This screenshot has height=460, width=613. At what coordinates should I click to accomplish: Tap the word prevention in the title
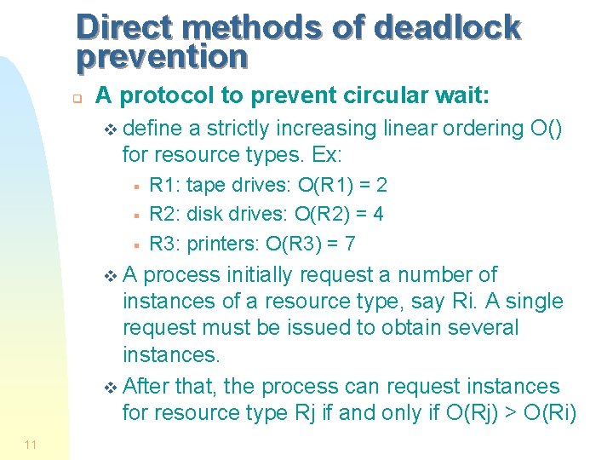162,56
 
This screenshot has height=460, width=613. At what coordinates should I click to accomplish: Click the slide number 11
31,445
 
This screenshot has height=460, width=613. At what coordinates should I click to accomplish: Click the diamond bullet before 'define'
106,129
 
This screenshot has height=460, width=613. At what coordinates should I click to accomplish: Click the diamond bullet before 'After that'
106,388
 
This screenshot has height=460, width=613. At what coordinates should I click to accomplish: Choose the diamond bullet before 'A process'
106,276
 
